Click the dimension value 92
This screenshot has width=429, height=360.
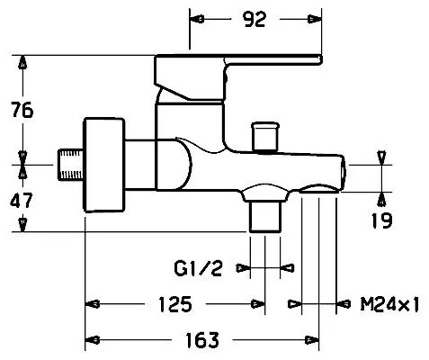pyautogui.click(x=255, y=20)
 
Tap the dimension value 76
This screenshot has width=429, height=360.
pyautogui.click(x=22, y=110)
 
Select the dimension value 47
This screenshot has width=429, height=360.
pyautogui.click(x=21, y=201)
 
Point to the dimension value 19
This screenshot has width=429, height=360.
pyautogui.click(x=381, y=220)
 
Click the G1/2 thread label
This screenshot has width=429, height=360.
pyautogui.click(x=198, y=268)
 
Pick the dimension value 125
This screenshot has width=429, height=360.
pyautogui.click(x=175, y=304)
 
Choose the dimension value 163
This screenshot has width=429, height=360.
pyautogui.click(x=202, y=340)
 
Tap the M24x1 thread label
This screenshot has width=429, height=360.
pyautogui.click(x=389, y=304)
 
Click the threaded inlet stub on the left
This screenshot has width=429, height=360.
pyautogui.click(x=71, y=165)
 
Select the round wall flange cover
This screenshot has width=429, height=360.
pyautogui.click(x=104, y=165)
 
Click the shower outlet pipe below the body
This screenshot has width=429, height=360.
pyautogui.click(x=265, y=217)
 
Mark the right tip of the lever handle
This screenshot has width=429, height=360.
pyautogui.click(x=322, y=59)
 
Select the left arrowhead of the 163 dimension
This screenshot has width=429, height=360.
pyautogui.click(x=93, y=340)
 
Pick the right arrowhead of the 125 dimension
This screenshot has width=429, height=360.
pyautogui.click(x=258, y=304)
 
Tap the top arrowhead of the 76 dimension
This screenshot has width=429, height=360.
pyautogui.click(x=22, y=62)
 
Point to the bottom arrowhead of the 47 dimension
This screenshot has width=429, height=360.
pyautogui.click(x=22, y=225)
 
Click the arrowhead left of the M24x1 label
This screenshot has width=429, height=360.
pyautogui.click(x=294, y=304)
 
